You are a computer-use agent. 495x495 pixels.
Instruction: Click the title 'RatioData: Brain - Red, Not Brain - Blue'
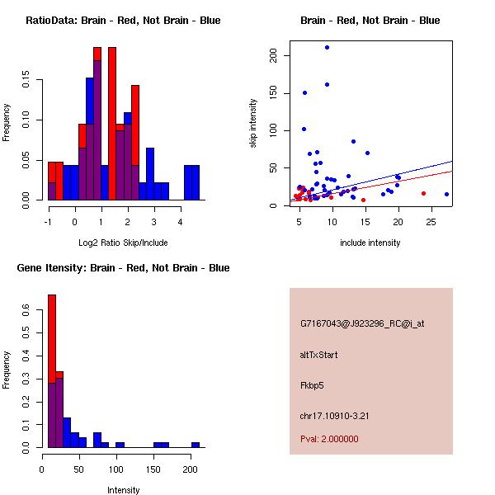coord(123,21)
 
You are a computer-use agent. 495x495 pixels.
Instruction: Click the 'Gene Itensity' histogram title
coord(123,268)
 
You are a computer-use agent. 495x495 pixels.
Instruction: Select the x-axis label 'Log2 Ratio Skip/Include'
coord(123,243)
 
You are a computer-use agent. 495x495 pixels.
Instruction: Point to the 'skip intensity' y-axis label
coord(254,124)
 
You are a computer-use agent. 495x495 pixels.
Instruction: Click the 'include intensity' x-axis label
coord(370,243)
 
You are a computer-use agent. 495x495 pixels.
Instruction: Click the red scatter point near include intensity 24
coord(423,193)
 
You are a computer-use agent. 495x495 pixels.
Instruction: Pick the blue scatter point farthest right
coord(446,194)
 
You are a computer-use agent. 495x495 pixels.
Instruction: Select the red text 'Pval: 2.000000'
coord(329,439)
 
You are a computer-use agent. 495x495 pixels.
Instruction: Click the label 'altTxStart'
coord(318,355)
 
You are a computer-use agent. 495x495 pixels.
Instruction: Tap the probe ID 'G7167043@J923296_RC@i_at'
coord(361,324)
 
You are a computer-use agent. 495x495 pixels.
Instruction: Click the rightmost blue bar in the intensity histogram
coord(196,445)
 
